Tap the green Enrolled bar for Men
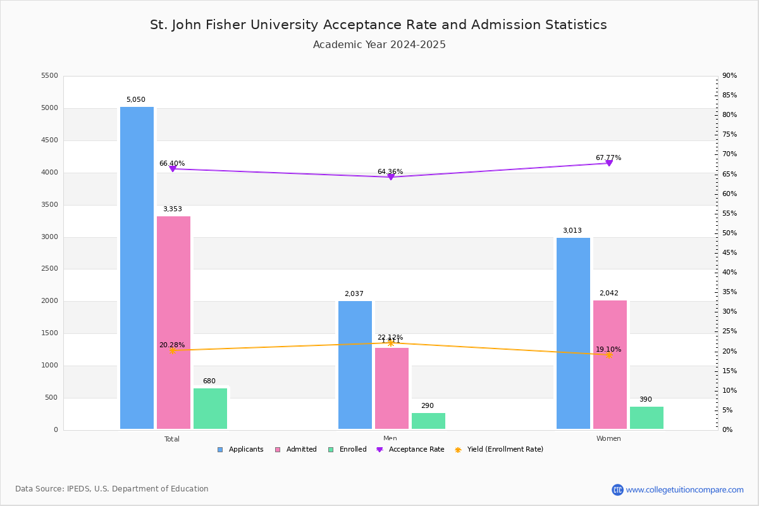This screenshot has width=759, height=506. [x=428, y=421]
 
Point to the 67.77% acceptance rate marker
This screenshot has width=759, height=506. [x=609, y=163]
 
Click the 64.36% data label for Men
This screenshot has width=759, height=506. [x=390, y=171]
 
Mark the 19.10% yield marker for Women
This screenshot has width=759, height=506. [x=609, y=355]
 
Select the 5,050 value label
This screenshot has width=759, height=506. [x=135, y=100]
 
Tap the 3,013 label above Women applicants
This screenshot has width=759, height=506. [x=572, y=231]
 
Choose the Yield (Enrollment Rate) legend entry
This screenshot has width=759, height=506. [x=499, y=450]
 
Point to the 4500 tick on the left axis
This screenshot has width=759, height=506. [x=49, y=140]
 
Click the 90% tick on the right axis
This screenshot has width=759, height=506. [x=729, y=76]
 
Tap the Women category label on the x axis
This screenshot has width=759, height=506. [x=608, y=439]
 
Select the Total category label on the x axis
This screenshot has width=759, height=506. [x=172, y=439]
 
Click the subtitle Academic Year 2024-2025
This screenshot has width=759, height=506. [x=379, y=45]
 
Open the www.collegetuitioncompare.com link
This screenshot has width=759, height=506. [x=684, y=490]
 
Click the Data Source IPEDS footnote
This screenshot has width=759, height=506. [x=112, y=489]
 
